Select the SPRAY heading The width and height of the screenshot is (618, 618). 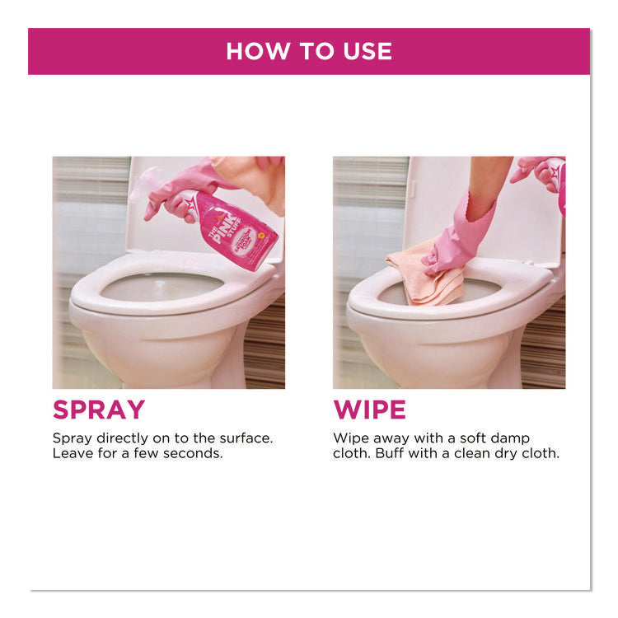coord(98,409)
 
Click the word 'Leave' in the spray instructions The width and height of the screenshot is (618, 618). coord(72,454)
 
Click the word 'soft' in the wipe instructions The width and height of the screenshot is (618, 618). coord(473,438)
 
